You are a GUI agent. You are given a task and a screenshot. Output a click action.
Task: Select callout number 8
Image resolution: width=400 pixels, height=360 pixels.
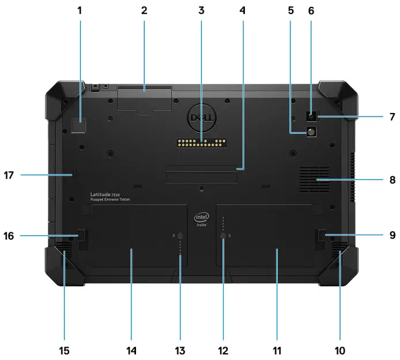coord(392,179)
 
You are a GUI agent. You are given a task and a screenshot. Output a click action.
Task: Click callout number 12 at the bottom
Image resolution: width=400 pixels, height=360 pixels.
coord(223,350)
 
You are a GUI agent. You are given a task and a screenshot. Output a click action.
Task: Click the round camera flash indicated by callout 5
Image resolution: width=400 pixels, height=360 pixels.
coord(312,132)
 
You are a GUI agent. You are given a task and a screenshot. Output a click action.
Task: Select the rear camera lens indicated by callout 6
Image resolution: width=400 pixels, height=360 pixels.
coord(312,116)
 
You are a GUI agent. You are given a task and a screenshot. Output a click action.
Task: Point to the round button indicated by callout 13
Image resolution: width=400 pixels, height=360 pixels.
coord(179,236)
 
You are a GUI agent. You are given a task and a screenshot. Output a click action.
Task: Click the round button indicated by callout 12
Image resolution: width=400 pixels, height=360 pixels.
coord(223,236)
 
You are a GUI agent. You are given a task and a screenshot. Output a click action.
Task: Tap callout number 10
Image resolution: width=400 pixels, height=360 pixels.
coord(339,350)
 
